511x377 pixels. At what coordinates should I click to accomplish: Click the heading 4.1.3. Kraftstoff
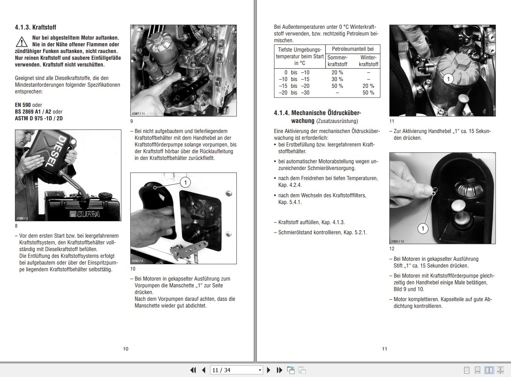tap(36, 27)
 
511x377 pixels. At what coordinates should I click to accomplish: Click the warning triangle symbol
tap(22, 41)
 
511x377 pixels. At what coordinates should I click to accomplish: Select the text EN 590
tap(23, 105)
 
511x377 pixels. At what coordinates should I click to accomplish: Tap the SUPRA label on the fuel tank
tap(88, 214)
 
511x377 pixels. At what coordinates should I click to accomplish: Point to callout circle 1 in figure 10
tap(185, 182)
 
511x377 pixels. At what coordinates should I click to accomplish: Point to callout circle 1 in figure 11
tap(448, 79)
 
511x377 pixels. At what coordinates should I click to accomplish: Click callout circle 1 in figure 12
tap(422, 229)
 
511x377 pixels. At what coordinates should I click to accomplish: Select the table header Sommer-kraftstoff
tap(337, 61)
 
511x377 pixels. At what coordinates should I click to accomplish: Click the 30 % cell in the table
tap(337, 79)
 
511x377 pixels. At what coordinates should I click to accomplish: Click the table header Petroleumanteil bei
tap(353, 49)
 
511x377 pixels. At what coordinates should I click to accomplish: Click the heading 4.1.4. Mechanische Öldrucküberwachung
tap(317, 117)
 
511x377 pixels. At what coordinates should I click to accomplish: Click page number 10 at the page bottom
tap(126, 349)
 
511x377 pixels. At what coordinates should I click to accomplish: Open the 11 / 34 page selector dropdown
tap(260, 370)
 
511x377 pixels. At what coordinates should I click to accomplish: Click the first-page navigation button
tap(193, 370)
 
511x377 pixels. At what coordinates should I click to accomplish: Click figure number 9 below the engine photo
tap(132, 121)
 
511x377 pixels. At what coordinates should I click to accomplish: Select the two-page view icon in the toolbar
tap(489, 370)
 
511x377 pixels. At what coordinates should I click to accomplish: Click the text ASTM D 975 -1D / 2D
tap(39, 118)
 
